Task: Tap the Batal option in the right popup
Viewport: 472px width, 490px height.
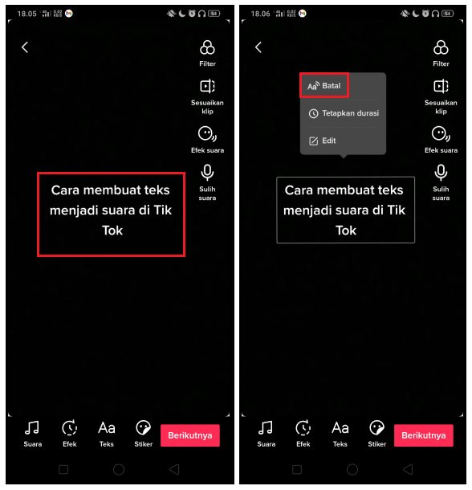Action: [324, 86]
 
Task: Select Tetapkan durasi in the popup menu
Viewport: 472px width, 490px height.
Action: [344, 113]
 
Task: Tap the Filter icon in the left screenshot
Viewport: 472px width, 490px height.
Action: [207, 48]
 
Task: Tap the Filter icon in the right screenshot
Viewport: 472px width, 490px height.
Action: [441, 48]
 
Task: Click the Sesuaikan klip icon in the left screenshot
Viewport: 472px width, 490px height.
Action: [207, 87]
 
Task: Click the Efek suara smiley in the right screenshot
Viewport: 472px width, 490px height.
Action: [441, 133]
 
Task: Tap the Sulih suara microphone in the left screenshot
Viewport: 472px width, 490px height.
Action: [207, 172]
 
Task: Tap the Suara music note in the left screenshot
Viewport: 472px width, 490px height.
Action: [33, 428]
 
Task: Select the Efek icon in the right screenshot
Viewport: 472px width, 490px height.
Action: [303, 428]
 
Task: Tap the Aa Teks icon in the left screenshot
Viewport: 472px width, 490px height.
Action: [107, 428]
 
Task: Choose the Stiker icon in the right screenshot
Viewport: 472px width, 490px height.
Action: [377, 428]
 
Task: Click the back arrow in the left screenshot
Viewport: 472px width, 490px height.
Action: [25, 47]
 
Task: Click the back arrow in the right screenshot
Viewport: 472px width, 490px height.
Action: [258, 47]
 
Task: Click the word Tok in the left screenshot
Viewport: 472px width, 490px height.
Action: [112, 230]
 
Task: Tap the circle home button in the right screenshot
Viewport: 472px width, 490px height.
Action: [352, 469]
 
